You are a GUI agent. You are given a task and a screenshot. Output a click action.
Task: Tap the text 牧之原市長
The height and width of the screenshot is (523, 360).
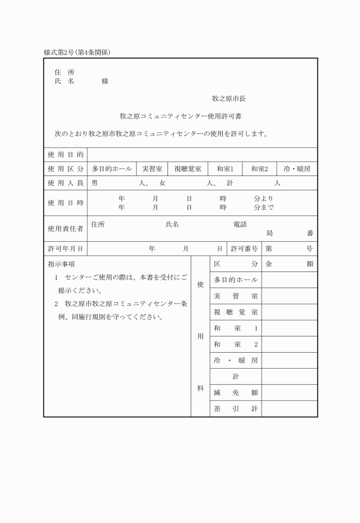coord(229,98)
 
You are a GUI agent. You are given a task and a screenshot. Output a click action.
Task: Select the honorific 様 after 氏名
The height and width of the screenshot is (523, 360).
coord(105,82)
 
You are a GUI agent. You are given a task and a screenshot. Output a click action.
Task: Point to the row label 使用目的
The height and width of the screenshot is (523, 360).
coord(65,155)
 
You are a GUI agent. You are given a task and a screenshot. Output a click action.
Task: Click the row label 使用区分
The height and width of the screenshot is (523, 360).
coord(65,169)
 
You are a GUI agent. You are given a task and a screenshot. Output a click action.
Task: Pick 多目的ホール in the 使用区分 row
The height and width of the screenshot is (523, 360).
coord(112,169)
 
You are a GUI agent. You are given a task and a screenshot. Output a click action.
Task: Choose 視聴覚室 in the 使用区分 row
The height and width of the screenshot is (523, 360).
coord(187,169)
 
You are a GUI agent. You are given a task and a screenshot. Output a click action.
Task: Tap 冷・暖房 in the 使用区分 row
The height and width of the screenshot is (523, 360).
coord(296,169)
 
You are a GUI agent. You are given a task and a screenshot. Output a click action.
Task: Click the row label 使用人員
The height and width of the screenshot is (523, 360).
coord(65,183)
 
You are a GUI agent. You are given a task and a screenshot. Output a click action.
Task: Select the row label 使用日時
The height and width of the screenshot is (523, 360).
coord(65,203)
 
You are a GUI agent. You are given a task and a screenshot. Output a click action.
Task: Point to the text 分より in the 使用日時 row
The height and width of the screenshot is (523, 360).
coord(263,198)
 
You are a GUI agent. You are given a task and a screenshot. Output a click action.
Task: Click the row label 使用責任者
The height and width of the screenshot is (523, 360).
coord(65,229)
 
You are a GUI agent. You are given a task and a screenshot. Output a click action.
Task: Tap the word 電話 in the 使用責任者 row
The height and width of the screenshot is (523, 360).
coord(240,225)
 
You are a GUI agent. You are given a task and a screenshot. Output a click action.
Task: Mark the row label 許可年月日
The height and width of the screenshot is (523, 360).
coord(65,249)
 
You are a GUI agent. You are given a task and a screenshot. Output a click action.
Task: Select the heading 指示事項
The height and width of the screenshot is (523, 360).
coord(61,264)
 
